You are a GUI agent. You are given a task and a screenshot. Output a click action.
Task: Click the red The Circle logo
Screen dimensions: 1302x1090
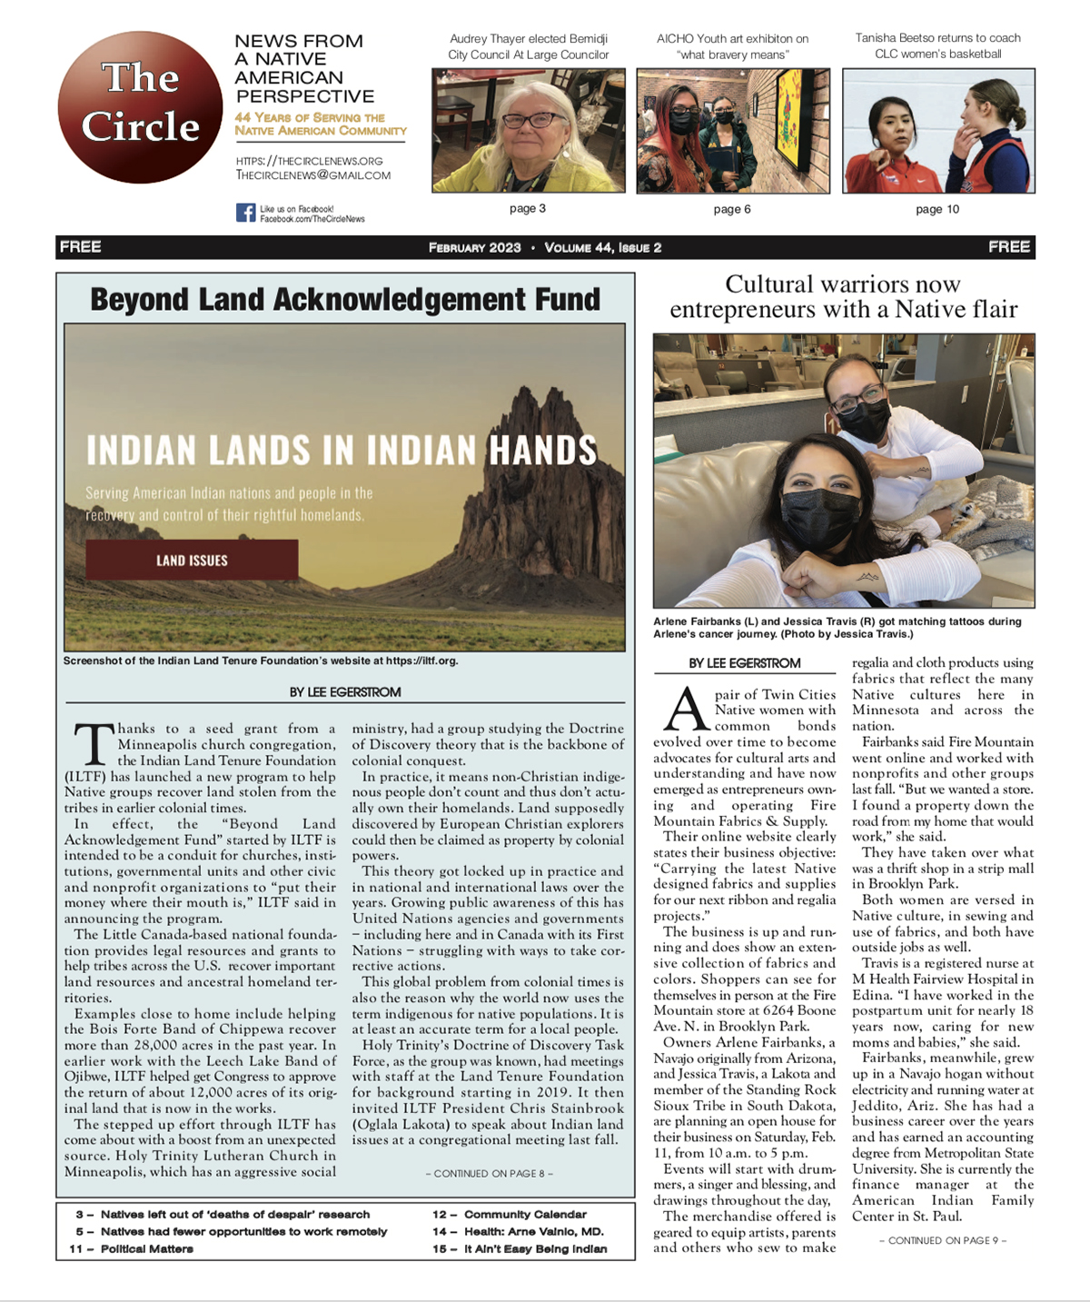point(140,106)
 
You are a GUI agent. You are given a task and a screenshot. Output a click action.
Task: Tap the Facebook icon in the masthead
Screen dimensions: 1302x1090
point(245,213)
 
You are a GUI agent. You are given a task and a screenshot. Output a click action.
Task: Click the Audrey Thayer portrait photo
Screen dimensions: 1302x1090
point(528,131)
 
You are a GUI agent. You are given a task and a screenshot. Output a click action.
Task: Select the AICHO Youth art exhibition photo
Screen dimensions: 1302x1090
point(732,131)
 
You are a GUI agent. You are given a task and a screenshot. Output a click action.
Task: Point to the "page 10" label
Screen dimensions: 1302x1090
point(936,209)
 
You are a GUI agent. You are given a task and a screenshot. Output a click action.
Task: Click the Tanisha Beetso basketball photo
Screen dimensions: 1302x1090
point(937,131)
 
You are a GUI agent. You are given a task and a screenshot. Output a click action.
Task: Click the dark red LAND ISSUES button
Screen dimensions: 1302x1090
point(192,560)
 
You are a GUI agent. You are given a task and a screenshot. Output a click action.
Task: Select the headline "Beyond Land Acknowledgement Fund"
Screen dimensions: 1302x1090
point(345,299)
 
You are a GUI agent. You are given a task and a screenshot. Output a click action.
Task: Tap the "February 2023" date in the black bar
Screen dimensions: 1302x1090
point(474,247)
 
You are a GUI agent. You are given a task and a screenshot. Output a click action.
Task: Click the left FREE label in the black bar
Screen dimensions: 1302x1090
point(80,246)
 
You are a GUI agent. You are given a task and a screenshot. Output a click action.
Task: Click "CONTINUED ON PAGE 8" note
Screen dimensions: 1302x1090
point(489,1173)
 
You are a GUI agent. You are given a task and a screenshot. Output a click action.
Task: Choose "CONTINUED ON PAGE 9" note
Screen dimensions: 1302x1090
point(942,1240)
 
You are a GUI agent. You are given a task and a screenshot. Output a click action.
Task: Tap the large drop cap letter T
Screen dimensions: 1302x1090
point(91,744)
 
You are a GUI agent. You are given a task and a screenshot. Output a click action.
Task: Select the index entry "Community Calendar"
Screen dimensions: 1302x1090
point(524,1214)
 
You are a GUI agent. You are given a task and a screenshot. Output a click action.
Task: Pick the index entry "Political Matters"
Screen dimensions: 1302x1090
point(146,1248)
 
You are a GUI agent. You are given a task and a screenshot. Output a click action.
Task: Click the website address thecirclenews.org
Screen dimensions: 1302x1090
point(309,161)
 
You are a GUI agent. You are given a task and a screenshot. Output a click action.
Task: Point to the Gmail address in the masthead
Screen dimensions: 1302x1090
point(312,175)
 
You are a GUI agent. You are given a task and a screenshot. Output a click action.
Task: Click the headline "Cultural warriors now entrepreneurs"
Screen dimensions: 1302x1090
point(843,296)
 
